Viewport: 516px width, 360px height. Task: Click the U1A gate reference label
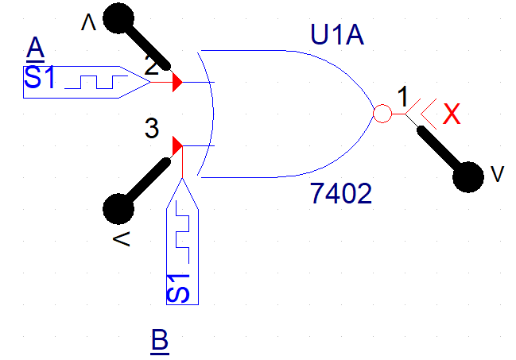[337, 35]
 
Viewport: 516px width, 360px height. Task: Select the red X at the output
[452, 114]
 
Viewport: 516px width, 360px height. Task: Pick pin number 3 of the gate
[152, 127]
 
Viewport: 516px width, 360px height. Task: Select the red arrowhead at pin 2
[177, 81]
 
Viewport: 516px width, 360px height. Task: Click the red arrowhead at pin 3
[177, 145]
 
